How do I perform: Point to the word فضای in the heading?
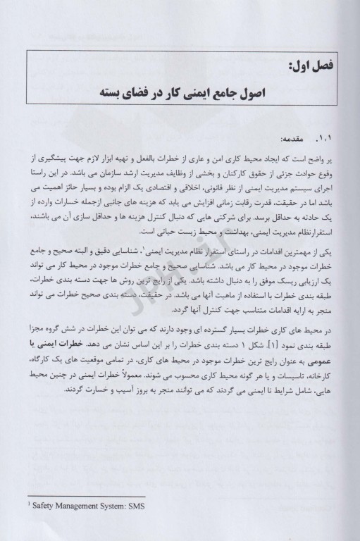click(156, 94)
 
